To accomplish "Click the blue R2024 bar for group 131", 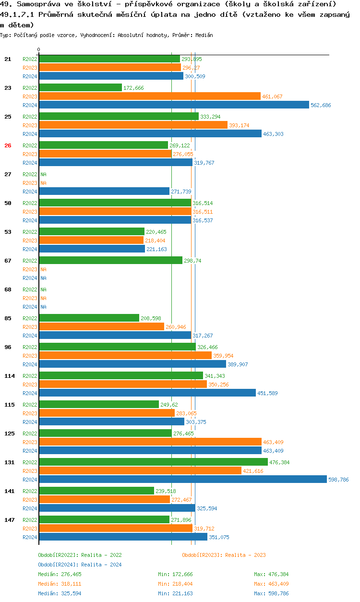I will point(182,479).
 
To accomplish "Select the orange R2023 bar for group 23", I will point(149,96).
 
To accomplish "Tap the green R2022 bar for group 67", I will point(110,260).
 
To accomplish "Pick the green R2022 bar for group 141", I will point(96,491).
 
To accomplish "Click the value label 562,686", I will point(321,105).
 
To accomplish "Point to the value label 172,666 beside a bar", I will point(133,88).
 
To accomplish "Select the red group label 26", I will point(8,145).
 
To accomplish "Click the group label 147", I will point(9,520).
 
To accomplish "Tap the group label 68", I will point(8,289).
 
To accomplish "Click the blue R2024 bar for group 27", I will point(104,191).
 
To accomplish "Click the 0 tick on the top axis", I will point(39,49).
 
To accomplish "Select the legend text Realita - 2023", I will point(245,555).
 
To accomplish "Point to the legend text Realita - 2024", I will point(101,565).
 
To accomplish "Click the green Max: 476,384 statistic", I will point(271,574).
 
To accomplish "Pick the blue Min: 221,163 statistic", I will point(175,593).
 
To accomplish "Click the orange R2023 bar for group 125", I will point(150,442).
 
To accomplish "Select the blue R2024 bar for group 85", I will point(115,335).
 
